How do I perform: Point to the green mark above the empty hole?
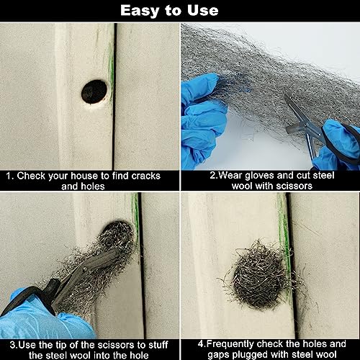pos(110,54)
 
